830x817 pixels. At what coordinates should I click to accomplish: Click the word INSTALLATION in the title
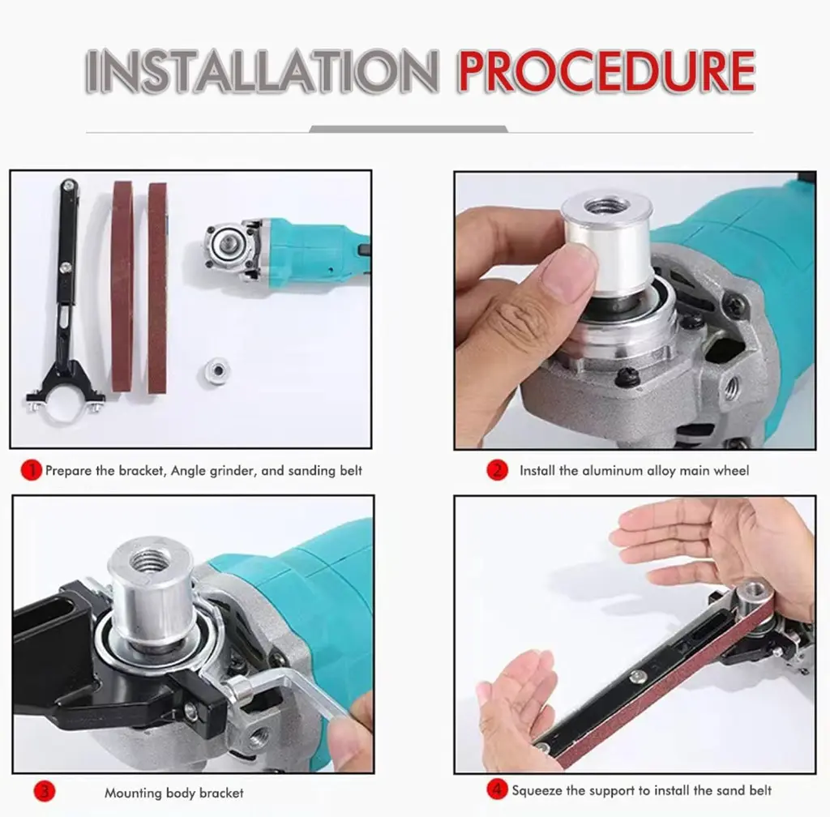click(x=262, y=71)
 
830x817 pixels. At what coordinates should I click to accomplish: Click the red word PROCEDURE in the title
click(x=606, y=71)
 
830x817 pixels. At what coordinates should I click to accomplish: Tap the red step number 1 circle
click(x=32, y=470)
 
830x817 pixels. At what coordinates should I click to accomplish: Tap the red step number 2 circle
click(x=497, y=470)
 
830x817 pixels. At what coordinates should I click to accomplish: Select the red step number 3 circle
click(x=45, y=792)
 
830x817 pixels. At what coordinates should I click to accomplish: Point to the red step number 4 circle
click(x=497, y=790)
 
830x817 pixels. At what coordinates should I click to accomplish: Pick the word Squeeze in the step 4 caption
click(x=537, y=790)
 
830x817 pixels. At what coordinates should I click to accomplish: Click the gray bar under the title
click(x=409, y=129)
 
